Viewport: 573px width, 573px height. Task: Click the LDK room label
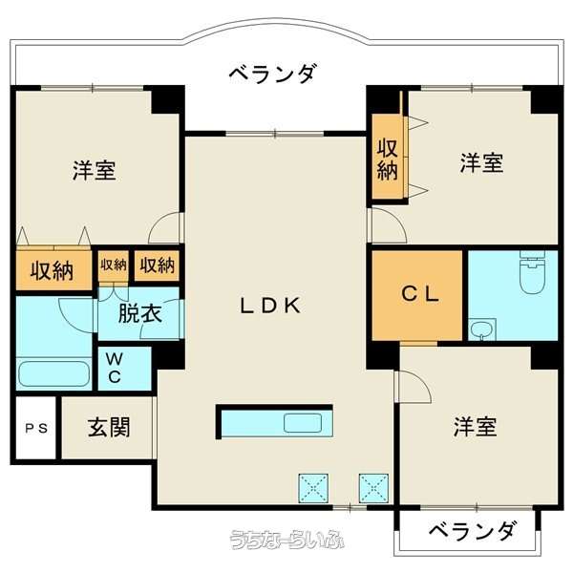point(270,306)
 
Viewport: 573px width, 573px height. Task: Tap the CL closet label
point(420,294)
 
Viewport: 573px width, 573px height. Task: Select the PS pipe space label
point(36,428)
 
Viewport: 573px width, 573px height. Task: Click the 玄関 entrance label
point(109,427)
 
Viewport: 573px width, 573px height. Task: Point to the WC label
point(115,368)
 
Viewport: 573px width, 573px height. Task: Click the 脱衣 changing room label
point(140,313)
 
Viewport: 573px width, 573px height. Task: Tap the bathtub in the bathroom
point(54,373)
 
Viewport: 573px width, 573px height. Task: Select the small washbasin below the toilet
point(482,329)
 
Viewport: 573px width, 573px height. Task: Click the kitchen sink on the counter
point(303,423)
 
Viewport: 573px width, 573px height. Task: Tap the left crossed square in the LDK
point(313,488)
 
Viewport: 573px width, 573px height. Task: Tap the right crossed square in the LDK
point(373,488)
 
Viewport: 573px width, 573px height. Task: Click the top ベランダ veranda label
point(271,74)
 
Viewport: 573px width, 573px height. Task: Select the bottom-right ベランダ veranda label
point(473,531)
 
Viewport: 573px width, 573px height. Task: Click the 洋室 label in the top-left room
point(95,170)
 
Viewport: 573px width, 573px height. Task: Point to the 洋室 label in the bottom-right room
point(475,427)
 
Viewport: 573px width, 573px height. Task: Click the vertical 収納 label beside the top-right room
point(387,159)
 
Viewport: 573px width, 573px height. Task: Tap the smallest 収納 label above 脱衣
point(114,265)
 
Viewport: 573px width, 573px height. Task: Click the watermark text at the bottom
point(286,540)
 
